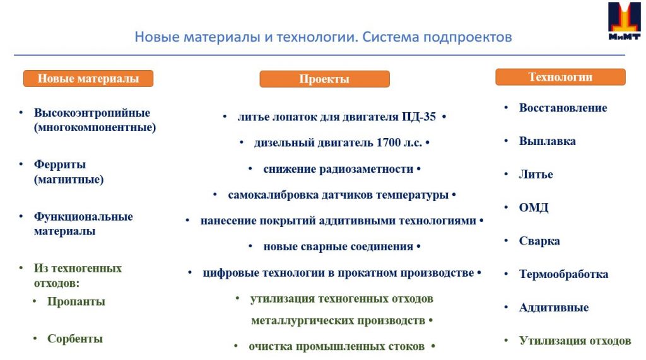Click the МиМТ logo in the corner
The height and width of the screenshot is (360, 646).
[624, 21]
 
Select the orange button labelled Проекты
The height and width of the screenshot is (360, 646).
[324, 79]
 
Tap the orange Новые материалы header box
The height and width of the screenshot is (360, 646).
[88, 78]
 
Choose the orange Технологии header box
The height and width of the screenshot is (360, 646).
[560, 77]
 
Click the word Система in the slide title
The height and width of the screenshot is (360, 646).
[391, 37]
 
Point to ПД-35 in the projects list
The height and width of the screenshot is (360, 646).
[419, 117]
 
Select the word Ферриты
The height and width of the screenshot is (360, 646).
[60, 165]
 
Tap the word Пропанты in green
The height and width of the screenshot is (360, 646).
[76, 301]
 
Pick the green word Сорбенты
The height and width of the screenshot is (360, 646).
[75, 339]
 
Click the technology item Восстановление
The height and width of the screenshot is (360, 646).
[563, 108]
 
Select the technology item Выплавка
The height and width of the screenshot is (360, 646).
[547, 141]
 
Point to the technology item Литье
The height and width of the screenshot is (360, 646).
[536, 174]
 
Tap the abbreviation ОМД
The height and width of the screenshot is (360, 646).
[534, 207]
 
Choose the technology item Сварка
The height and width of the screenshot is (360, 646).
[539, 241]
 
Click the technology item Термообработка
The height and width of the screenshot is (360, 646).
[563, 274]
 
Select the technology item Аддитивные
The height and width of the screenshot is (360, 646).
[554, 308]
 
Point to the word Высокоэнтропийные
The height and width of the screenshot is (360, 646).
[92, 113]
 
